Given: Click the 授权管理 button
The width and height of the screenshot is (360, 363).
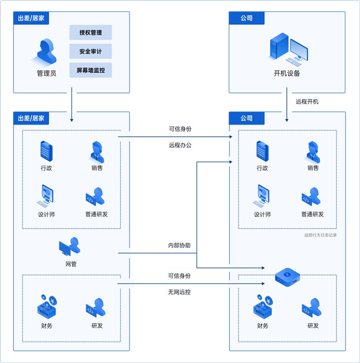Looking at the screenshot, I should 90,32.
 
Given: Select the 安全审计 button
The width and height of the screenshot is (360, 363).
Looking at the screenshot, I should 90,51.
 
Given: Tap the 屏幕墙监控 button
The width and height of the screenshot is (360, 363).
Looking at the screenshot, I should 90,70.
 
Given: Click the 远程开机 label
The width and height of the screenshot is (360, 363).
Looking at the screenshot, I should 307,101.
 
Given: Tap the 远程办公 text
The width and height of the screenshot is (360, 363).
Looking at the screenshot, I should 180,146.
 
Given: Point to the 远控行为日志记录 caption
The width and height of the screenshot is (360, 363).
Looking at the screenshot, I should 320,235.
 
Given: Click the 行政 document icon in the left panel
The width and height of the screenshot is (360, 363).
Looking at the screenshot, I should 46,151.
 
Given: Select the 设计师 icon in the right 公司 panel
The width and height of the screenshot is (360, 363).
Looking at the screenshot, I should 262,196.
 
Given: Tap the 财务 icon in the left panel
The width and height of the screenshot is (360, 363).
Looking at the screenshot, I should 46,307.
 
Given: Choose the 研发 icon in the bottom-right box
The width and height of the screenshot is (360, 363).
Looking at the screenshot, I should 313,308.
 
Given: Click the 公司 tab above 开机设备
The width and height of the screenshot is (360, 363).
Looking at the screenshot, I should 246,18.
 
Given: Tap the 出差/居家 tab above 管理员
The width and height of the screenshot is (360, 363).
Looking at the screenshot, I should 31,18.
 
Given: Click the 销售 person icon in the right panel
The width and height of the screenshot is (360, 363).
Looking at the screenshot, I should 313,151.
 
